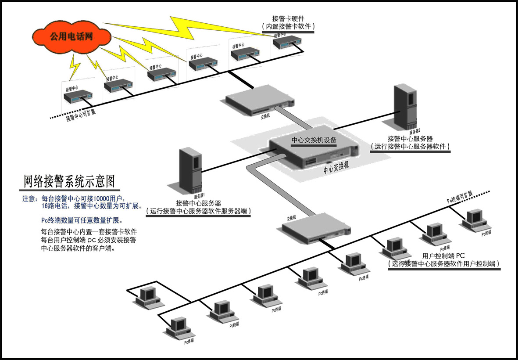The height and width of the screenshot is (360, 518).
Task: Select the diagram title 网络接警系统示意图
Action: pyautogui.click(x=68, y=180)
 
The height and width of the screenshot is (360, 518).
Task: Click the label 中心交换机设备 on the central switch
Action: pyautogui.click(x=314, y=140)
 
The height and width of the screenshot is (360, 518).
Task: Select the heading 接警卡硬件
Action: pyautogui.click(x=288, y=18)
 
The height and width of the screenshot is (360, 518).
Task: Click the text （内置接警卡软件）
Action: pyautogui.click(x=288, y=27)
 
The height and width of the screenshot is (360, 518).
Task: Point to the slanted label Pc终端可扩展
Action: pyautogui.click(x=460, y=197)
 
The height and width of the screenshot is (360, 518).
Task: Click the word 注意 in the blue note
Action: pyautogui.click(x=29, y=198)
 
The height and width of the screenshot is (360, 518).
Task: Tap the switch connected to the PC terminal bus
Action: pyautogui.click(x=316, y=227)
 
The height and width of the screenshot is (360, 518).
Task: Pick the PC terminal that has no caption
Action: pyautogui.click(x=149, y=297)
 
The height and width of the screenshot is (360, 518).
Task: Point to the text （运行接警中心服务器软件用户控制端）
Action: pyautogui.click(x=444, y=264)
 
